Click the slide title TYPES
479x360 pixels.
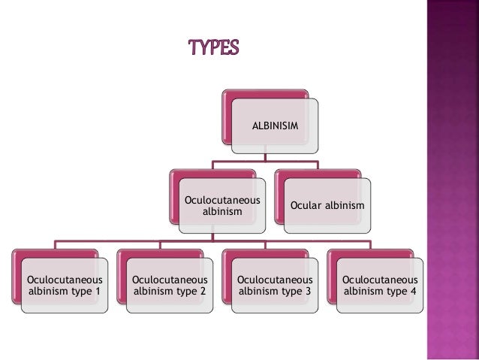(213, 48)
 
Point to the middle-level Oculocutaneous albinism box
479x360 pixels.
(222, 206)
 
